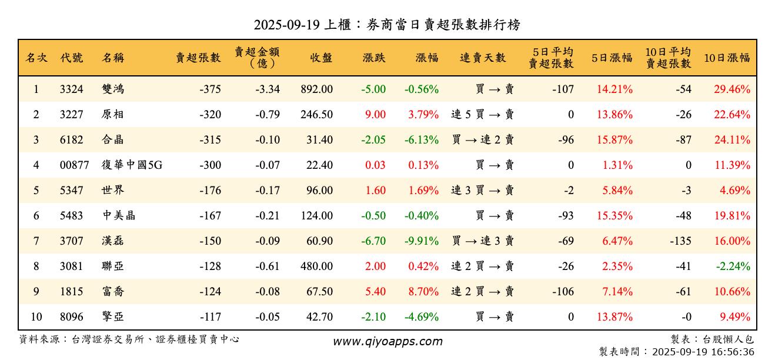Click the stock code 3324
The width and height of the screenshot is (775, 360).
pos(72,89)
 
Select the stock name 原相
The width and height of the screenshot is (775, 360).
pos(112,115)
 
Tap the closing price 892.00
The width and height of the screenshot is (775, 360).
pos(316,89)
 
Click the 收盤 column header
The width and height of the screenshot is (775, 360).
pos(321,58)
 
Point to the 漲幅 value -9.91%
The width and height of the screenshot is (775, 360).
pos(422,241)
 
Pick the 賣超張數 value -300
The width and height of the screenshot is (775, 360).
pos(210,165)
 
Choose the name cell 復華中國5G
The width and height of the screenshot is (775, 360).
pos(132,165)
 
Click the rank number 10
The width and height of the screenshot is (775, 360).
pos(36,317)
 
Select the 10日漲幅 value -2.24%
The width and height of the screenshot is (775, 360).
pos(733,266)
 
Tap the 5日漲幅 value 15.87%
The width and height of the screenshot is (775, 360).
pos(614,140)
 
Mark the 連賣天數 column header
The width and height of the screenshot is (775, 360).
pos(483,58)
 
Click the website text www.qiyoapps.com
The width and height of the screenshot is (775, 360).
pos(387,341)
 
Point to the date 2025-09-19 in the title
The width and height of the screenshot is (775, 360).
pos(287,25)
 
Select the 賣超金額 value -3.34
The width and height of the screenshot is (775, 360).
pos(268,89)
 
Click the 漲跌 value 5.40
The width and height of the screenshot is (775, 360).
pos(376,292)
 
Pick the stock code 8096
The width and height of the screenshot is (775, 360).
pos(72,317)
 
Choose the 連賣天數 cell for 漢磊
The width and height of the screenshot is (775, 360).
pos(483,241)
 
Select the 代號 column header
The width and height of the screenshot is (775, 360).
pos(72,58)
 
